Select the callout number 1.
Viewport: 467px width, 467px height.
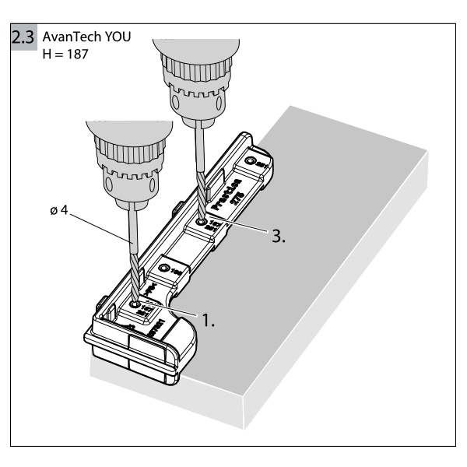click(x=206, y=320)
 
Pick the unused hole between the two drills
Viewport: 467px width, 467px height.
click(x=164, y=269)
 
